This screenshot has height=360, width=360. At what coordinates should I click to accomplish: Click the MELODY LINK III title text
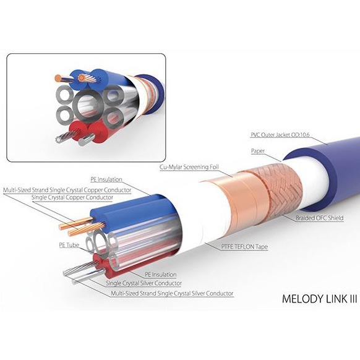click(x=319, y=299)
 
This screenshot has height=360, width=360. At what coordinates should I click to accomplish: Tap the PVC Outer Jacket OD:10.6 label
click(x=280, y=135)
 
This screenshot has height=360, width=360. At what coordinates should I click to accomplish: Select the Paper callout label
click(x=258, y=151)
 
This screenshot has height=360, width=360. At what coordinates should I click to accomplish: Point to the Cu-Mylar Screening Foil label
click(x=189, y=167)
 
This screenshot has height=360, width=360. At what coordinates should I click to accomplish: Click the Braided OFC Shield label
click(x=319, y=218)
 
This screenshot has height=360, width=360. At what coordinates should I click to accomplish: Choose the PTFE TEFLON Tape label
click(x=244, y=247)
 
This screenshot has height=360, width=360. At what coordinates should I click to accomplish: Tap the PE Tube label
click(x=69, y=245)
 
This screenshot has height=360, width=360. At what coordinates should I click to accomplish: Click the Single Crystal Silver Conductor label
click(x=144, y=283)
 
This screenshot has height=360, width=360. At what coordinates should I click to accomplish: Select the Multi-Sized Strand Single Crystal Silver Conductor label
click(x=172, y=293)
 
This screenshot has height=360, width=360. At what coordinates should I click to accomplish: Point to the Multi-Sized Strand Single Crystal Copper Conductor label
click(x=67, y=190)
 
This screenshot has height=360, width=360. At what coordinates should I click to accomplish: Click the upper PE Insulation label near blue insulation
click(x=106, y=179)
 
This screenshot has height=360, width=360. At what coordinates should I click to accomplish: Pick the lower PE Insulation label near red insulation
click(x=160, y=275)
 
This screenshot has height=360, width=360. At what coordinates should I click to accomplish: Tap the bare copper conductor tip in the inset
click(x=58, y=79)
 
